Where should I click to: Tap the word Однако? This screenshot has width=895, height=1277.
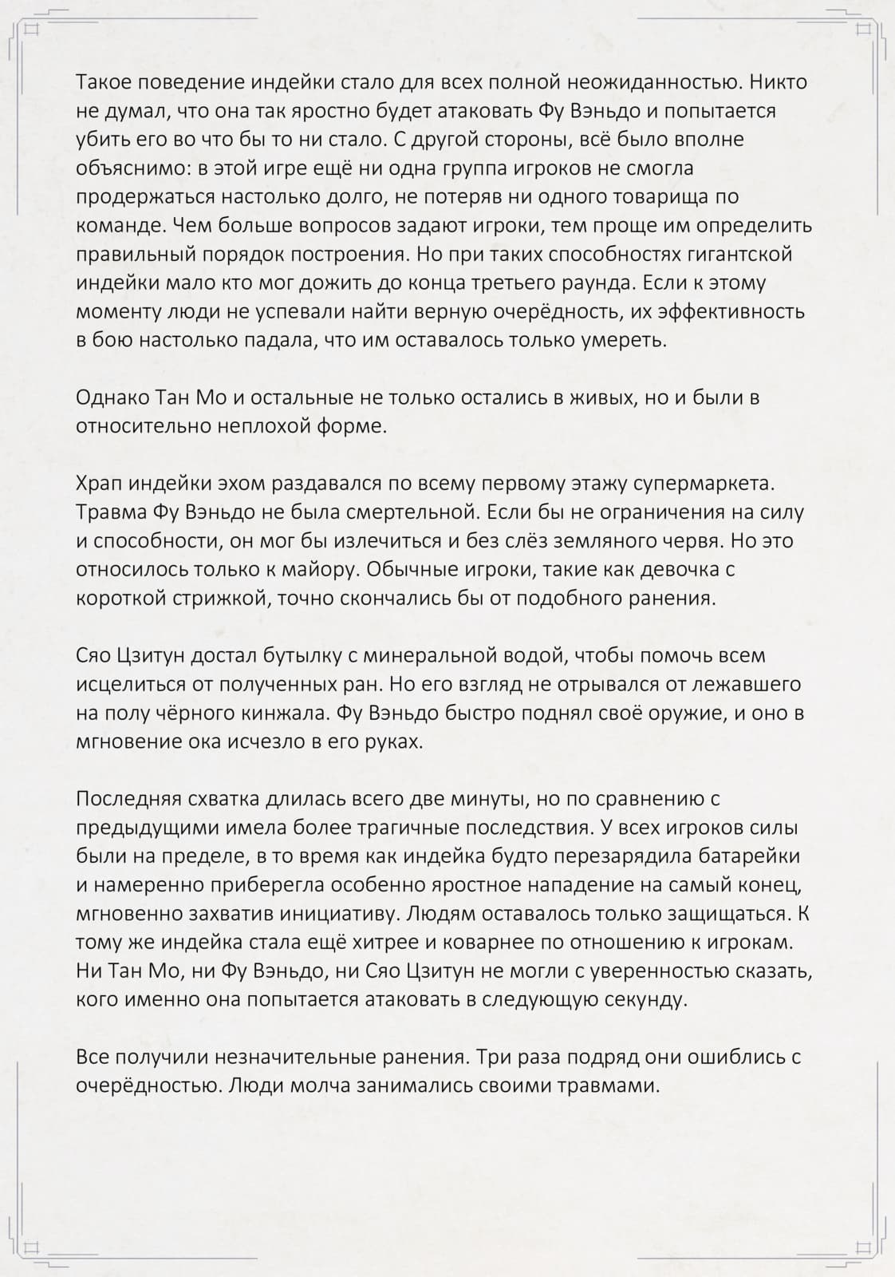[115, 397]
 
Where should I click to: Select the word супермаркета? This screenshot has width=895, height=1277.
[703, 484]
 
